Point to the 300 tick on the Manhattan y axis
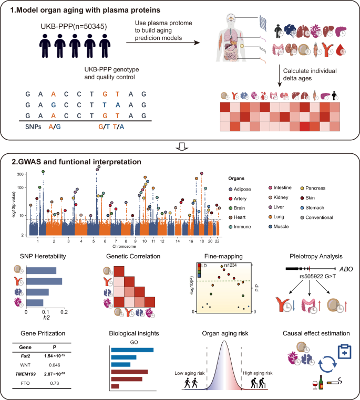click(20, 173)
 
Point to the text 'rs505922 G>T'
click(315, 276)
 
